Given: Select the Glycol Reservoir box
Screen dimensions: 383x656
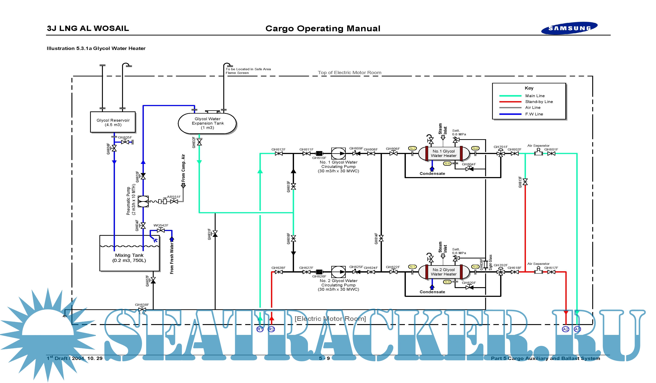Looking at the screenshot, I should [113, 122].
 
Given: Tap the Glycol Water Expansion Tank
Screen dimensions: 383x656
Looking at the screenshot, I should [207, 123].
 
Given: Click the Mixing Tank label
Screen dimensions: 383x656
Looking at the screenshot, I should [129, 255].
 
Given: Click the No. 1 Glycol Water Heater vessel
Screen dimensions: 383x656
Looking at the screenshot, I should [444, 153].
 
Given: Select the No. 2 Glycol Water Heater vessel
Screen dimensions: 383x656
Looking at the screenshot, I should [444, 272].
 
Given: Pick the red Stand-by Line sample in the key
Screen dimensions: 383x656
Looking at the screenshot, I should [510, 102].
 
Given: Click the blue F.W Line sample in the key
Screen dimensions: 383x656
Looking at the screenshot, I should [510, 114].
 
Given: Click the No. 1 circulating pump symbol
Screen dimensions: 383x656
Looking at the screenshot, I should [338, 153].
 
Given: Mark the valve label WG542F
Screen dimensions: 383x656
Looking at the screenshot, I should [161, 225].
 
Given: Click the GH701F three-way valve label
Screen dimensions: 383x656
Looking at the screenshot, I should [500, 147].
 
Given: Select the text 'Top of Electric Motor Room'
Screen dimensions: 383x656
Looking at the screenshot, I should [349, 73].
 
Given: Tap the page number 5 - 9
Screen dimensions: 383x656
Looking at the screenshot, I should [324, 358].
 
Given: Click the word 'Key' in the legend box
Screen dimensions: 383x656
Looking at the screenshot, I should [529, 88].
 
